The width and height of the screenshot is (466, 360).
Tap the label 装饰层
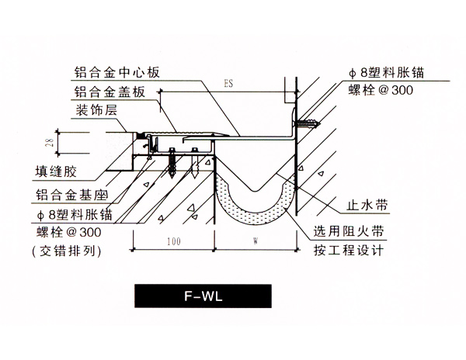point(96,111)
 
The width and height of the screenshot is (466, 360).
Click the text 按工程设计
point(347,251)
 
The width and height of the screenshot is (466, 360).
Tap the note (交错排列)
point(67,251)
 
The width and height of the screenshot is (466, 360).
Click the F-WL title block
point(203,296)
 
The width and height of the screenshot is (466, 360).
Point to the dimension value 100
point(173,241)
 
